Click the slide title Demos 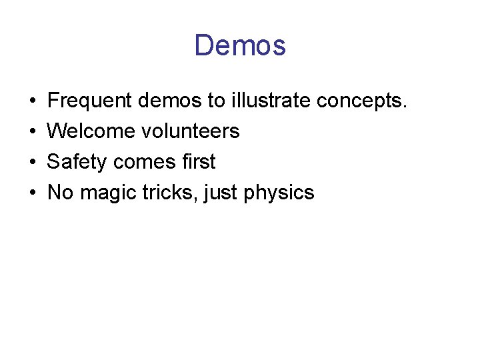click(240, 45)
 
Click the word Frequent click(90, 101)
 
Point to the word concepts click(361, 101)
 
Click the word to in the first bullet click(216, 101)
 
